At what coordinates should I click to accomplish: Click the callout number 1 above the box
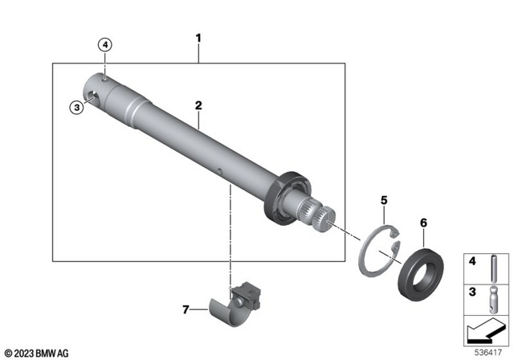[x=199, y=38]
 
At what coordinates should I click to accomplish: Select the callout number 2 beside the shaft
[x=199, y=105]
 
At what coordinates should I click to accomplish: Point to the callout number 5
[x=384, y=199]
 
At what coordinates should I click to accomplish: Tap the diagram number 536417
[x=488, y=350]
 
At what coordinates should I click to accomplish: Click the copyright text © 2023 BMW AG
[x=36, y=351]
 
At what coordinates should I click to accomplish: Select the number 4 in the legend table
[x=472, y=260]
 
